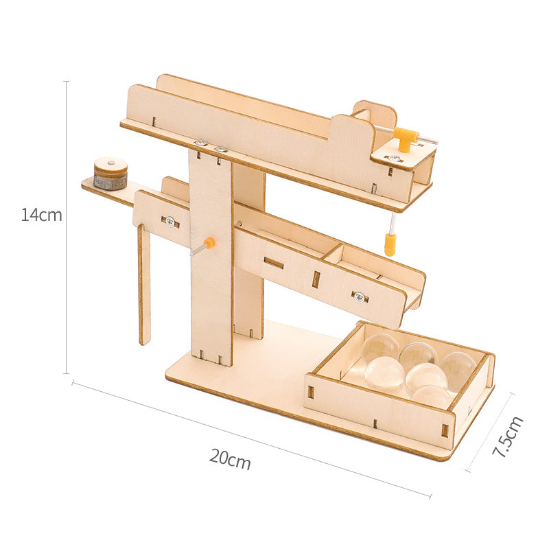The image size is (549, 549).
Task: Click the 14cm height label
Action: point(41,215)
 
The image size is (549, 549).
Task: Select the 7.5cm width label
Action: point(509,437)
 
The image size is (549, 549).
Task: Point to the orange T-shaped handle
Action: point(406,138)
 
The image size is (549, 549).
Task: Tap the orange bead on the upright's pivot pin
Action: point(209,243)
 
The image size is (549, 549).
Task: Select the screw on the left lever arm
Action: point(170,221)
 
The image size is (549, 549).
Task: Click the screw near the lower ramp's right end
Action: point(358,296)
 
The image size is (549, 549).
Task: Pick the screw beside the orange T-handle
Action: point(394,159)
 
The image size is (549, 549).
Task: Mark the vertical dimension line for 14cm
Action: point(67,226)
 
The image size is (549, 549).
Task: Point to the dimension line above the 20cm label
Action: point(251,439)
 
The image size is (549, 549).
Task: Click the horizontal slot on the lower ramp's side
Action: point(274,263)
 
